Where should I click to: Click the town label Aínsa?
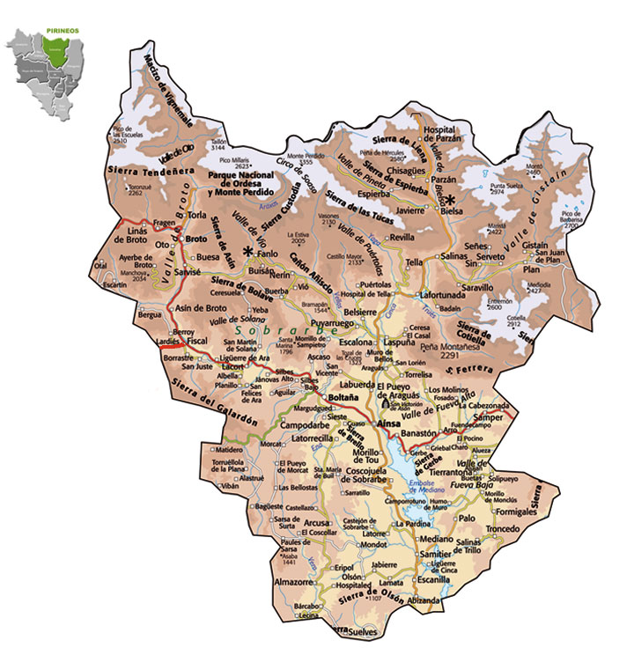pos(388,423)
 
